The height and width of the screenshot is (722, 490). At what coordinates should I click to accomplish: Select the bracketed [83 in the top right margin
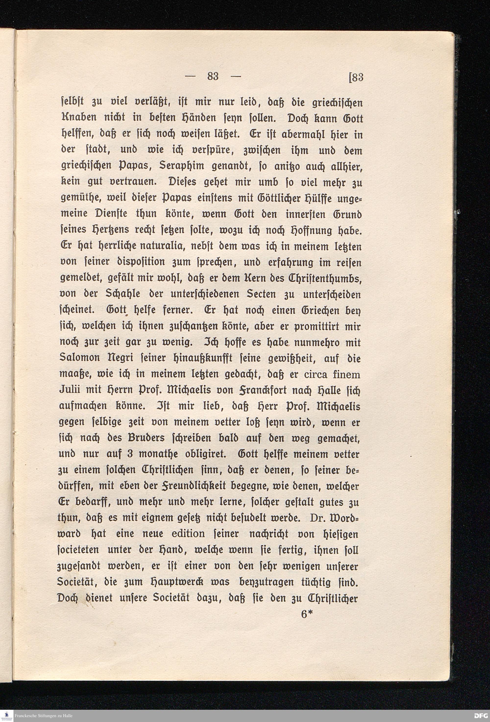click(356, 77)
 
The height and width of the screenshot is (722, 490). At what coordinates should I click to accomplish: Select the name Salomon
click(79, 358)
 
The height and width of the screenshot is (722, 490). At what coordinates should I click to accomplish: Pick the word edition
click(188, 534)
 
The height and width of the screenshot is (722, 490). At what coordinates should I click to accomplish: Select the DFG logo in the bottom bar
click(481, 716)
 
